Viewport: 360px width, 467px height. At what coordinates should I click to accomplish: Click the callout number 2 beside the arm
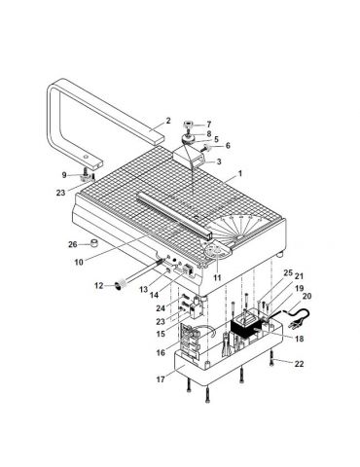point(167,121)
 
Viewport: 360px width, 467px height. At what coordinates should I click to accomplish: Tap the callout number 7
point(209,125)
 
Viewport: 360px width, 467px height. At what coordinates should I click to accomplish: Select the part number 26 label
point(73,244)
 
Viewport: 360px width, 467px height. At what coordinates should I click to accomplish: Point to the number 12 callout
point(98,286)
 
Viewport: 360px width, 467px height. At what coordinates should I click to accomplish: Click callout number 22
point(299,364)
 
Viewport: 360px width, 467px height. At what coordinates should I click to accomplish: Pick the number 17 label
point(161,378)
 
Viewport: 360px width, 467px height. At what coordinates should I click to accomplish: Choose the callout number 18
point(299,339)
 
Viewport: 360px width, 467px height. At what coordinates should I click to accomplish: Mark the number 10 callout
point(79,262)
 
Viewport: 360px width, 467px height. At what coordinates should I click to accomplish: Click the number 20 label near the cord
point(306,296)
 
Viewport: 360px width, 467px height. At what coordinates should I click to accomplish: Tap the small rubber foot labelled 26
point(94,243)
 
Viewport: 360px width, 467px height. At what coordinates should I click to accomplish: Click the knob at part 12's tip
point(118,286)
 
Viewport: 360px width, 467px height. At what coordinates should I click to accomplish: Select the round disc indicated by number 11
point(216,251)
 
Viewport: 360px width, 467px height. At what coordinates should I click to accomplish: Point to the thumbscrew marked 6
point(207,149)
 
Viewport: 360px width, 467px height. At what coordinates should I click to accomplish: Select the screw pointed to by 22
point(271,359)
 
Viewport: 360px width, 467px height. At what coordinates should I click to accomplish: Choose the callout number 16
point(161,352)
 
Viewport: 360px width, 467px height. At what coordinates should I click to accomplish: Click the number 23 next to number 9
point(60,193)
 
